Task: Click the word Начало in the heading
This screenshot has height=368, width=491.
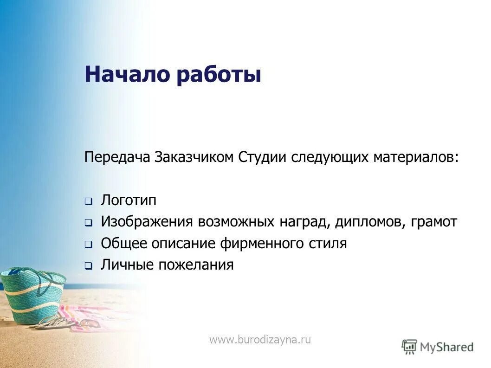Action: [x=127, y=74]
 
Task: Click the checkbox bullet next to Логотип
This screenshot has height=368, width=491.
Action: [x=88, y=202]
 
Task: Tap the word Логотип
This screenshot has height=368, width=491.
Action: [x=129, y=200]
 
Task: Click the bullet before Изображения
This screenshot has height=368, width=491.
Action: [x=88, y=223]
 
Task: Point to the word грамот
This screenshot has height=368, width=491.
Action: [x=433, y=222]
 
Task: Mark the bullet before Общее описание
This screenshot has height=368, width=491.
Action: [x=88, y=245]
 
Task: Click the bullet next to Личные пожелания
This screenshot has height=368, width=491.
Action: [x=88, y=266]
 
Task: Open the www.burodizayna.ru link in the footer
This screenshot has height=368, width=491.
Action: [x=260, y=340]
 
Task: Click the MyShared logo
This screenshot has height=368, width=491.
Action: [x=438, y=346]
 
